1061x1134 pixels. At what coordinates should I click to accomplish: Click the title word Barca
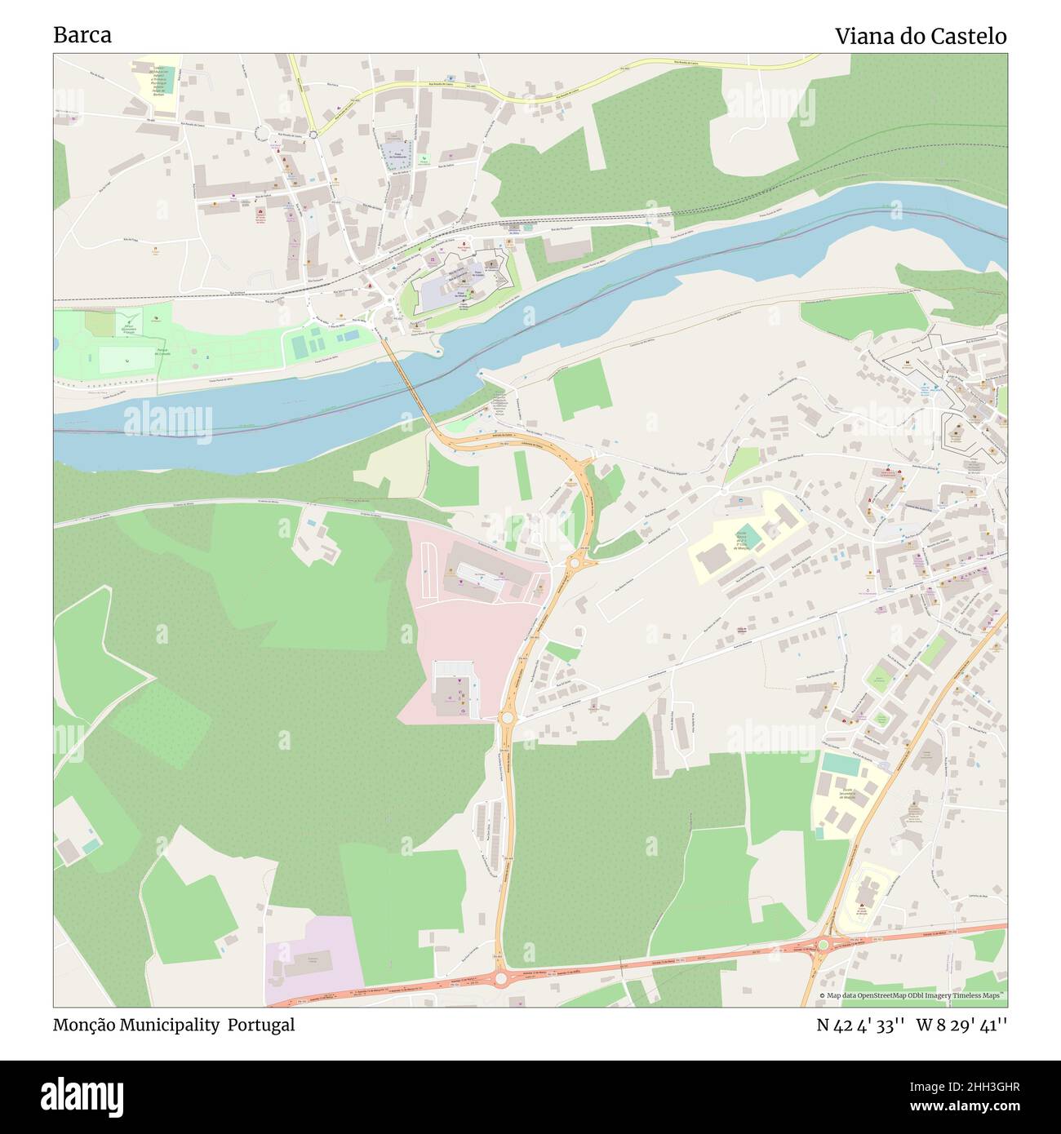pyautogui.click(x=82, y=36)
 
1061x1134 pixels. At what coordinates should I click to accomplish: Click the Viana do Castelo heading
pyautogui.click(x=920, y=36)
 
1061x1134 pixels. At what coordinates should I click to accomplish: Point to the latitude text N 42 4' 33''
pyautogui.click(x=859, y=1025)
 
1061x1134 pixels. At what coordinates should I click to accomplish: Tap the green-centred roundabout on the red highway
pyautogui.click(x=823, y=945)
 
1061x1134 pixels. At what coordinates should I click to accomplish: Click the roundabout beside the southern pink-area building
pyautogui.click(x=507, y=717)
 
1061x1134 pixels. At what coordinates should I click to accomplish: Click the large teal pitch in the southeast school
pyautogui.click(x=841, y=765)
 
